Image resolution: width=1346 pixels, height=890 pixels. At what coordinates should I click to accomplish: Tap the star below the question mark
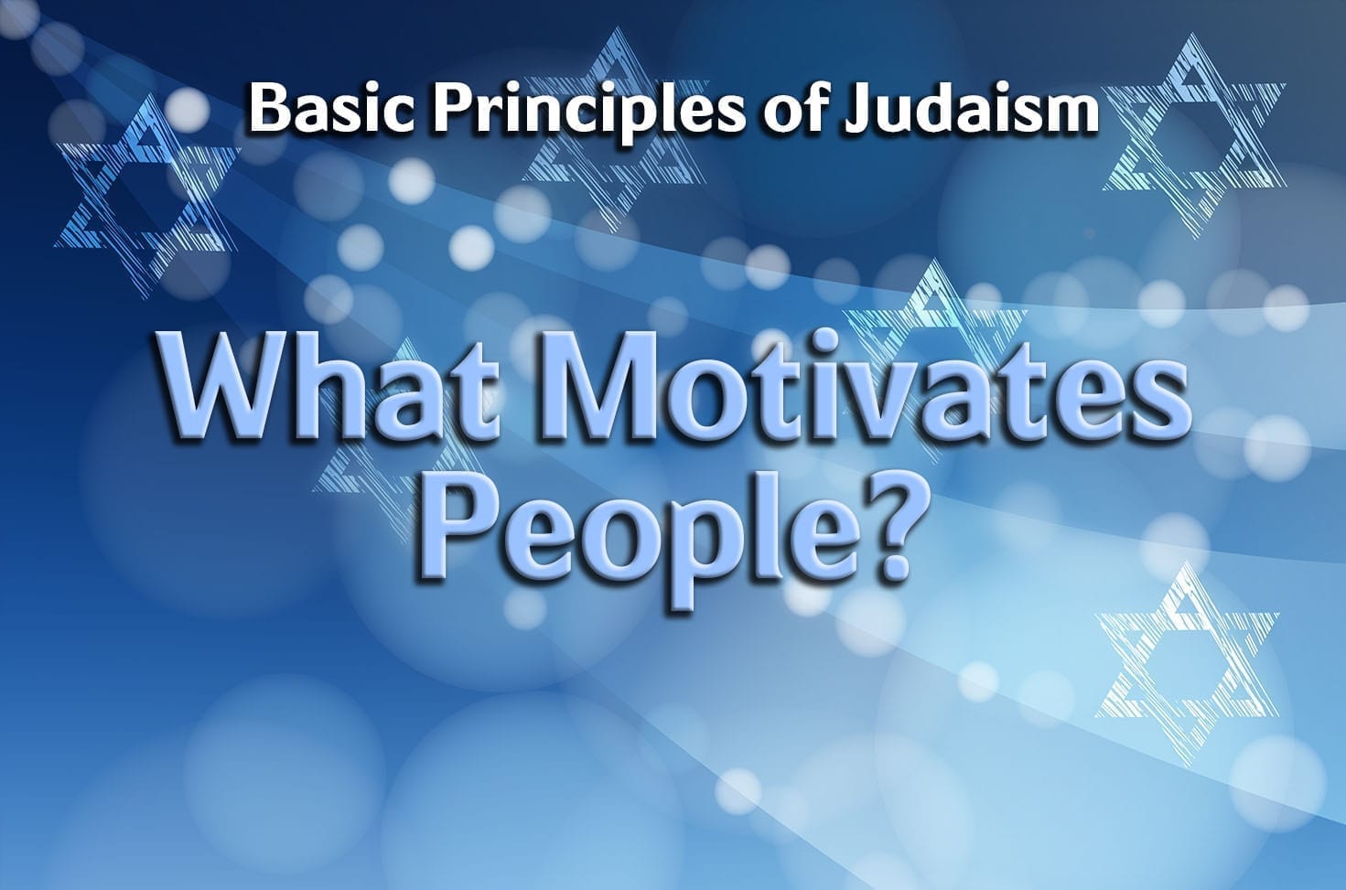pos(1186,663)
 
